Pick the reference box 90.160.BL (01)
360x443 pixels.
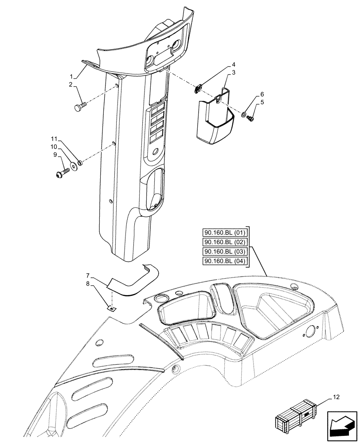pyautogui.click(x=226, y=233)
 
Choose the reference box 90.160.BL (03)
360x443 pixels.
pyautogui.click(x=226, y=252)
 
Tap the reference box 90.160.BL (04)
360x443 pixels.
pyautogui.click(x=226, y=261)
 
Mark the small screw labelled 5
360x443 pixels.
pyautogui.click(x=250, y=118)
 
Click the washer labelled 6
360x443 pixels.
pyautogui.click(x=244, y=115)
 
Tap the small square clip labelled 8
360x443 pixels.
pyautogui.click(x=112, y=308)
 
